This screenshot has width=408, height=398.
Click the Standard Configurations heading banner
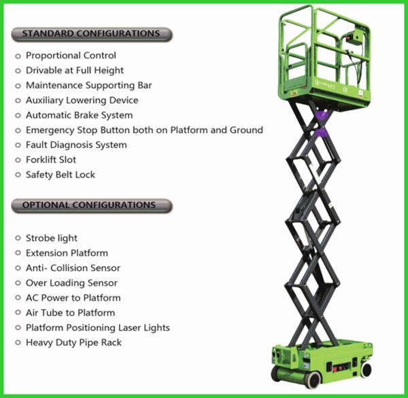(x=92, y=34)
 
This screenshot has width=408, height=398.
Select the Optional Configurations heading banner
(x=92, y=205)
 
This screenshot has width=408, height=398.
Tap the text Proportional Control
(x=71, y=56)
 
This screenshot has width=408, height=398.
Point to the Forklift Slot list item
(x=51, y=160)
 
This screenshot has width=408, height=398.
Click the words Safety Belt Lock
(x=61, y=175)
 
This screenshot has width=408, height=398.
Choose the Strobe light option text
(x=52, y=238)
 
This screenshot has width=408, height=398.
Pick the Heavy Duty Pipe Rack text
(x=73, y=342)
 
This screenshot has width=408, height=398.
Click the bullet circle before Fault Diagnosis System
(x=18, y=145)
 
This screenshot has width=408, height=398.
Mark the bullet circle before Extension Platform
(x=18, y=253)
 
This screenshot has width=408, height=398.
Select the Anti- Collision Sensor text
(x=73, y=268)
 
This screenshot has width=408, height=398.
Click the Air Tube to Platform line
(x=70, y=312)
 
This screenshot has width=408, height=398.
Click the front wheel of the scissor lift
(x=313, y=380)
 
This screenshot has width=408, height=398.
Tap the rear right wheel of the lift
(x=366, y=370)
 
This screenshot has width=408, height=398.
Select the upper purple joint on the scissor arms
(x=322, y=114)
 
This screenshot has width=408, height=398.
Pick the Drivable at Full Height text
(x=75, y=71)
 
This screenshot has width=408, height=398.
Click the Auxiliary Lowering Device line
(x=82, y=101)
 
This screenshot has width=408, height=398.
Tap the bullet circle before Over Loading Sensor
(x=18, y=283)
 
